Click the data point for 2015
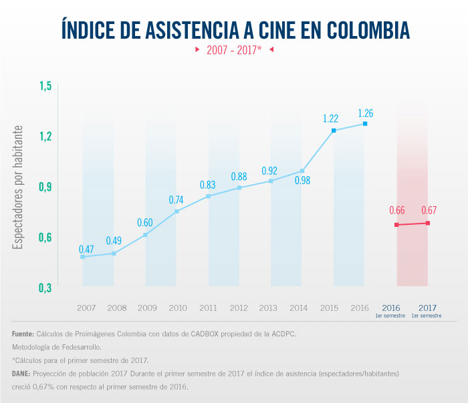pyautogui.click(x=334, y=130)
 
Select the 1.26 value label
pyautogui.click(x=365, y=113)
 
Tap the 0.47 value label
pyautogui.click(x=86, y=249)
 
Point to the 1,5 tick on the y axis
pyautogui.click(x=45, y=86)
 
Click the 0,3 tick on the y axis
pyautogui.click(x=45, y=288)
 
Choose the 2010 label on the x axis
pyautogui.click(x=178, y=308)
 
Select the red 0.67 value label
pyautogui.click(x=429, y=211)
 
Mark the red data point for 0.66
pyautogui.click(x=396, y=225)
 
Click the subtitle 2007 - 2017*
pyautogui.click(x=233, y=50)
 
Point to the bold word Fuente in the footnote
pyautogui.click(x=24, y=334)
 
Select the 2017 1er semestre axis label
pyautogui.click(x=426, y=310)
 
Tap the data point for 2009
pyautogui.click(x=145, y=235)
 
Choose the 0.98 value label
pyautogui.click(x=303, y=180)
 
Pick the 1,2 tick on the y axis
pyautogui.click(x=45, y=136)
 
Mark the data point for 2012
pyautogui.click(x=239, y=187)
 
